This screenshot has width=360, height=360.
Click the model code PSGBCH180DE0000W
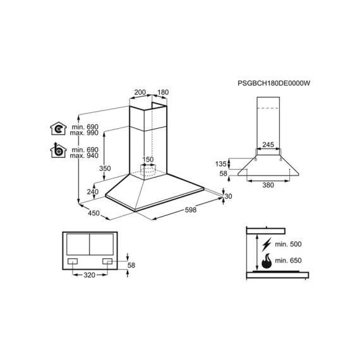click(273, 83)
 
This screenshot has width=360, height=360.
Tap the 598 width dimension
click(191, 210)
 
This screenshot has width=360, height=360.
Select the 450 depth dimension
click(93, 213)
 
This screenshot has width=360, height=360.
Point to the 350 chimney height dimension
click(105, 168)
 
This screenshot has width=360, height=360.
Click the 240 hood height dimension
click(92, 191)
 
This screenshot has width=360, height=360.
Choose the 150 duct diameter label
click(148, 159)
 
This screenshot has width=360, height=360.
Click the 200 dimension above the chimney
click(140, 92)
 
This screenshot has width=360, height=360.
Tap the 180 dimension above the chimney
click(163, 92)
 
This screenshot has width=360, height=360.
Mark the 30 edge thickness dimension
click(228, 196)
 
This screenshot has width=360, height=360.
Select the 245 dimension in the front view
click(268, 145)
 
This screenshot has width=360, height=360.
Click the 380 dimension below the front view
click(268, 185)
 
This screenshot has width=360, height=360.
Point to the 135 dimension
click(220, 164)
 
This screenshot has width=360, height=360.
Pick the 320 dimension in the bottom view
click(89, 275)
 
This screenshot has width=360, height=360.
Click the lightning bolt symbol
click(267, 244)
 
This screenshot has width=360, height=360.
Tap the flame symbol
click(267, 261)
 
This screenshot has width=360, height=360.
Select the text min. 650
click(288, 260)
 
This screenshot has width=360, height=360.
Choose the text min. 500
click(288, 244)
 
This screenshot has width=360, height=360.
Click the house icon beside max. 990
click(58, 129)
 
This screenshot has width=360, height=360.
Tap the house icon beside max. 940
click(58, 150)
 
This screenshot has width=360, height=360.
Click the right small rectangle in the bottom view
click(107, 261)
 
